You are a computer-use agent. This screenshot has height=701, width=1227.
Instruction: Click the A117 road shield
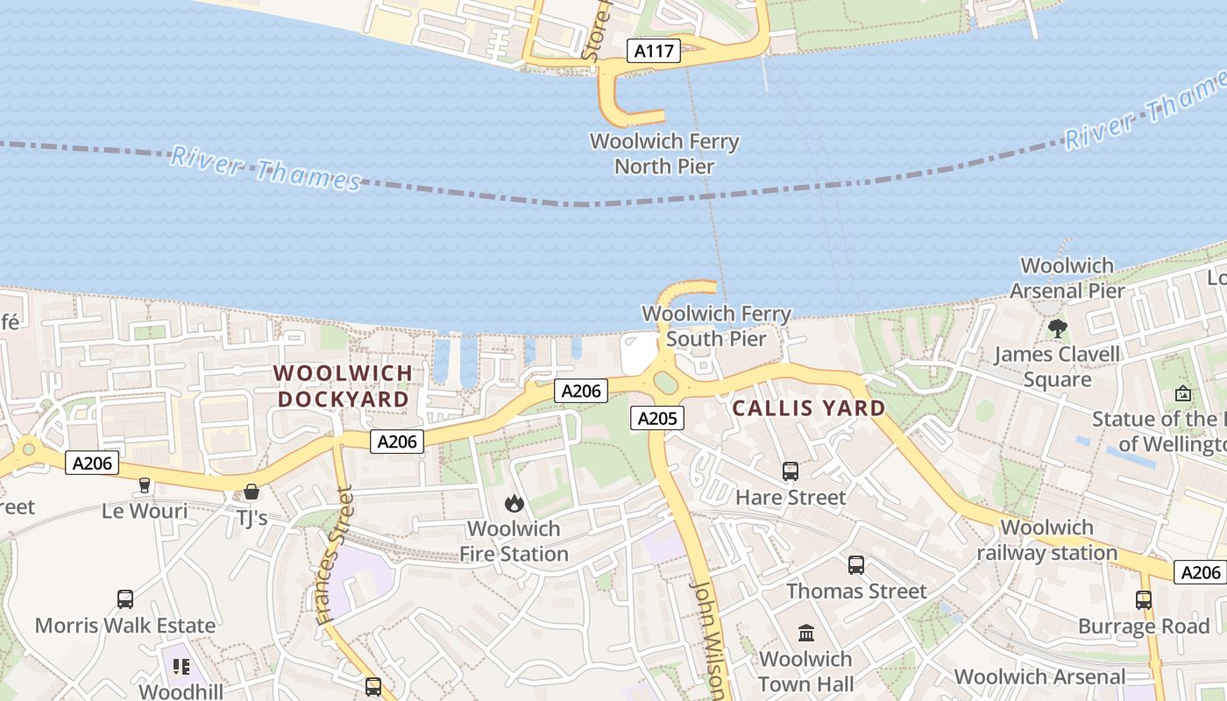point(654,51)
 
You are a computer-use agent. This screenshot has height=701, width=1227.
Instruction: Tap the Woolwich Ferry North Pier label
point(664,153)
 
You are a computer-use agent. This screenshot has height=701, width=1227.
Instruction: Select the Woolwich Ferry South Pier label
point(716,326)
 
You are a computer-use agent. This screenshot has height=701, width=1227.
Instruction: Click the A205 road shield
point(656,419)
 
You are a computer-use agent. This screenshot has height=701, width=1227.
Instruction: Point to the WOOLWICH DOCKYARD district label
point(343,386)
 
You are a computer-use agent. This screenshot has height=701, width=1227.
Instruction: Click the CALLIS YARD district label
point(808,407)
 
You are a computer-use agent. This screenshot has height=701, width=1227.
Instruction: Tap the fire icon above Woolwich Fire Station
point(514,503)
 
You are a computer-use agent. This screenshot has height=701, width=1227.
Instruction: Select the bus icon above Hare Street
point(791,471)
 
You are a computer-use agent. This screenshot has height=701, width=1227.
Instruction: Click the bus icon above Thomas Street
point(856,565)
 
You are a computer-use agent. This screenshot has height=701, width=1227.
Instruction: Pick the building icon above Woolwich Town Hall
point(805,633)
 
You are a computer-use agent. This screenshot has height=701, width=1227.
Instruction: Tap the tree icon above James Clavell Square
point(1057,329)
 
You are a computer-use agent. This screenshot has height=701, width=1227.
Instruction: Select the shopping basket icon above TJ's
point(252,492)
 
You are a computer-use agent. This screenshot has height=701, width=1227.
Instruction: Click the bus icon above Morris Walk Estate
point(125,599)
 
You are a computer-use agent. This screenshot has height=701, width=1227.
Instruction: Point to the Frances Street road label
point(337,554)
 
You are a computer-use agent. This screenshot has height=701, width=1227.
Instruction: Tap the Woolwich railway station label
point(1046,540)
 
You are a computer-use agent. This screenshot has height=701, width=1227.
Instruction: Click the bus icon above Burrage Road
point(1144,600)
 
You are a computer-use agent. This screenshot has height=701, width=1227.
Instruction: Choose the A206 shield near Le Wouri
point(92,463)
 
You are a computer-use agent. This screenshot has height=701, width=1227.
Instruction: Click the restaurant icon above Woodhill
point(181,667)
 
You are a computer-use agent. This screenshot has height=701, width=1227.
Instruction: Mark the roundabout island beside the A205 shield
point(666,383)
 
